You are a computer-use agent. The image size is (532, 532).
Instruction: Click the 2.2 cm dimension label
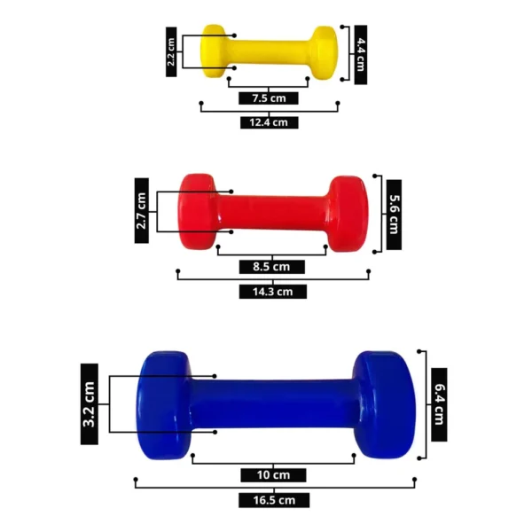click(x=171, y=52)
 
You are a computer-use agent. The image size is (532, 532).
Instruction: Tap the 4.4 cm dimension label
click(x=360, y=55)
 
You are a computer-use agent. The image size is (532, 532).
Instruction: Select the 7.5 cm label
click(x=269, y=98)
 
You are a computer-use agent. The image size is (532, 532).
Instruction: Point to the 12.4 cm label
click(x=269, y=122)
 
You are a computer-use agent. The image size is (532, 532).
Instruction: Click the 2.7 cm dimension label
click(x=142, y=211)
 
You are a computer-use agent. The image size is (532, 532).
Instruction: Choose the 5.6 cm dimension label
click(x=394, y=215)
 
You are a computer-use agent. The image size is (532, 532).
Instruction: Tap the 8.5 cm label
click(x=272, y=267)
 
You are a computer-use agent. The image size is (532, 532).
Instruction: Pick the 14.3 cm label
click(x=273, y=292)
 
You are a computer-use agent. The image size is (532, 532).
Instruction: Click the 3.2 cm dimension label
click(x=90, y=404)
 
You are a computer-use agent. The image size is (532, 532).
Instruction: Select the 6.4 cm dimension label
click(x=439, y=404)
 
